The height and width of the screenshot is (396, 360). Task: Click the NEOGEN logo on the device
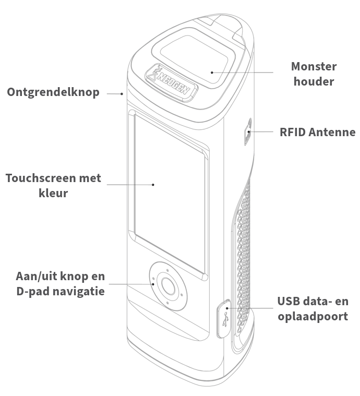tap(171, 81)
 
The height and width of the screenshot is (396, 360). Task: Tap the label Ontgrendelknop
tap(53, 93)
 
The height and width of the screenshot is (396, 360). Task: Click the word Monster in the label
tap(314, 67)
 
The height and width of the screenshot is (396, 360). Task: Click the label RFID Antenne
tap(318, 132)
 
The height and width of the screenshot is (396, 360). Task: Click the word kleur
tap(54, 193)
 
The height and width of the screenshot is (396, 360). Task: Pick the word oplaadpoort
tap(313, 316)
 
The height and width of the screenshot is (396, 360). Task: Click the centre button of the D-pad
tap(167, 285)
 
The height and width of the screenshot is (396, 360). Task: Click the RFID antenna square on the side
tap(248, 132)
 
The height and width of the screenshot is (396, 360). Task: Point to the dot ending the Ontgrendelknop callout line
tap(122, 94)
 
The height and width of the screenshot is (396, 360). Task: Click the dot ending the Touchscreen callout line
tap(153, 184)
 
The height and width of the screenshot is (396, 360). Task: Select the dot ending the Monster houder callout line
tap(212, 72)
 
